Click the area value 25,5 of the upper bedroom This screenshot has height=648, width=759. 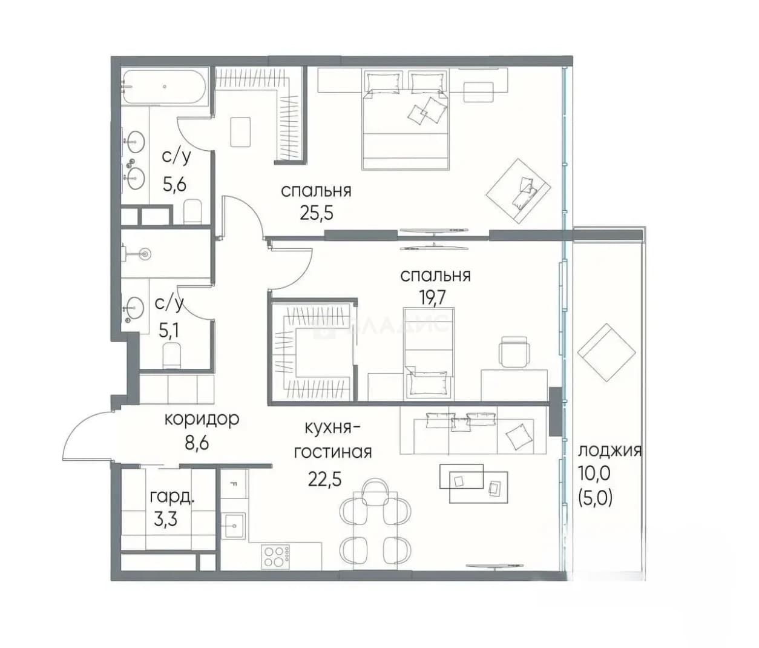pos(317,213)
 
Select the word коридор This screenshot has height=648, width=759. pos(202,419)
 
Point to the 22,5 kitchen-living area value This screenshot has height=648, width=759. pos(325,478)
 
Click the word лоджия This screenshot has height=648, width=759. pos(610,451)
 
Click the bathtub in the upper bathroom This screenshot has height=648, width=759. pos(165,87)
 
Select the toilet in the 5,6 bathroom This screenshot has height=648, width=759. pos(193,212)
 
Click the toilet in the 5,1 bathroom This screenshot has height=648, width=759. pos(172,355)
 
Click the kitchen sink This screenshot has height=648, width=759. pos(234,526)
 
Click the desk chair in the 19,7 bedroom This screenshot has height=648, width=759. pos(514,351)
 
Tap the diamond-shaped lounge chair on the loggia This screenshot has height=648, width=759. pos(606,352)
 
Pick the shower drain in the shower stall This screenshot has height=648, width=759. pos(146,254)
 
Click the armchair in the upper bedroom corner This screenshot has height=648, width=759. pos(519,191)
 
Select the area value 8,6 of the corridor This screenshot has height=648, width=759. pos(197,443)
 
